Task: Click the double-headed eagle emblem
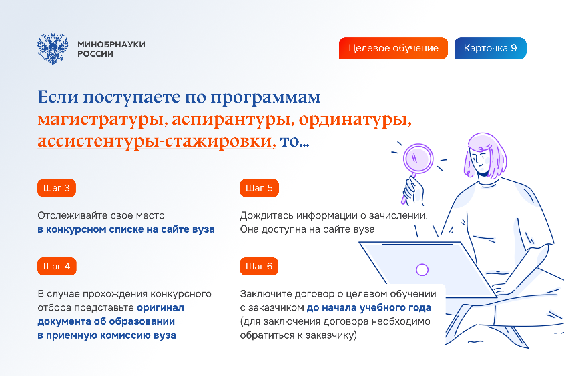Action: [x=53, y=48]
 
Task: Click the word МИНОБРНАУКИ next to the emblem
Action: [x=111, y=45]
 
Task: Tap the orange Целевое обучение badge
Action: [x=393, y=48]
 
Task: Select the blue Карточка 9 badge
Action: [x=491, y=48]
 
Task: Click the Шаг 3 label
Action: [x=57, y=188]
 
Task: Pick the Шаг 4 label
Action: [x=57, y=266]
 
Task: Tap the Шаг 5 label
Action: [x=260, y=188]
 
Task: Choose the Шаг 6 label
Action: [x=259, y=266]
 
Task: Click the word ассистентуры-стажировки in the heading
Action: [x=157, y=141]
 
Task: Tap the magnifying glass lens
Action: [x=418, y=159]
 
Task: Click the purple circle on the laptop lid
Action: [x=422, y=270]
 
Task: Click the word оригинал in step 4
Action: [x=160, y=308]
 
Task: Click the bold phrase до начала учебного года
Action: [x=368, y=308]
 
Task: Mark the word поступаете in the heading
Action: [x=132, y=98]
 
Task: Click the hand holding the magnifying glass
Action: [x=413, y=191]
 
